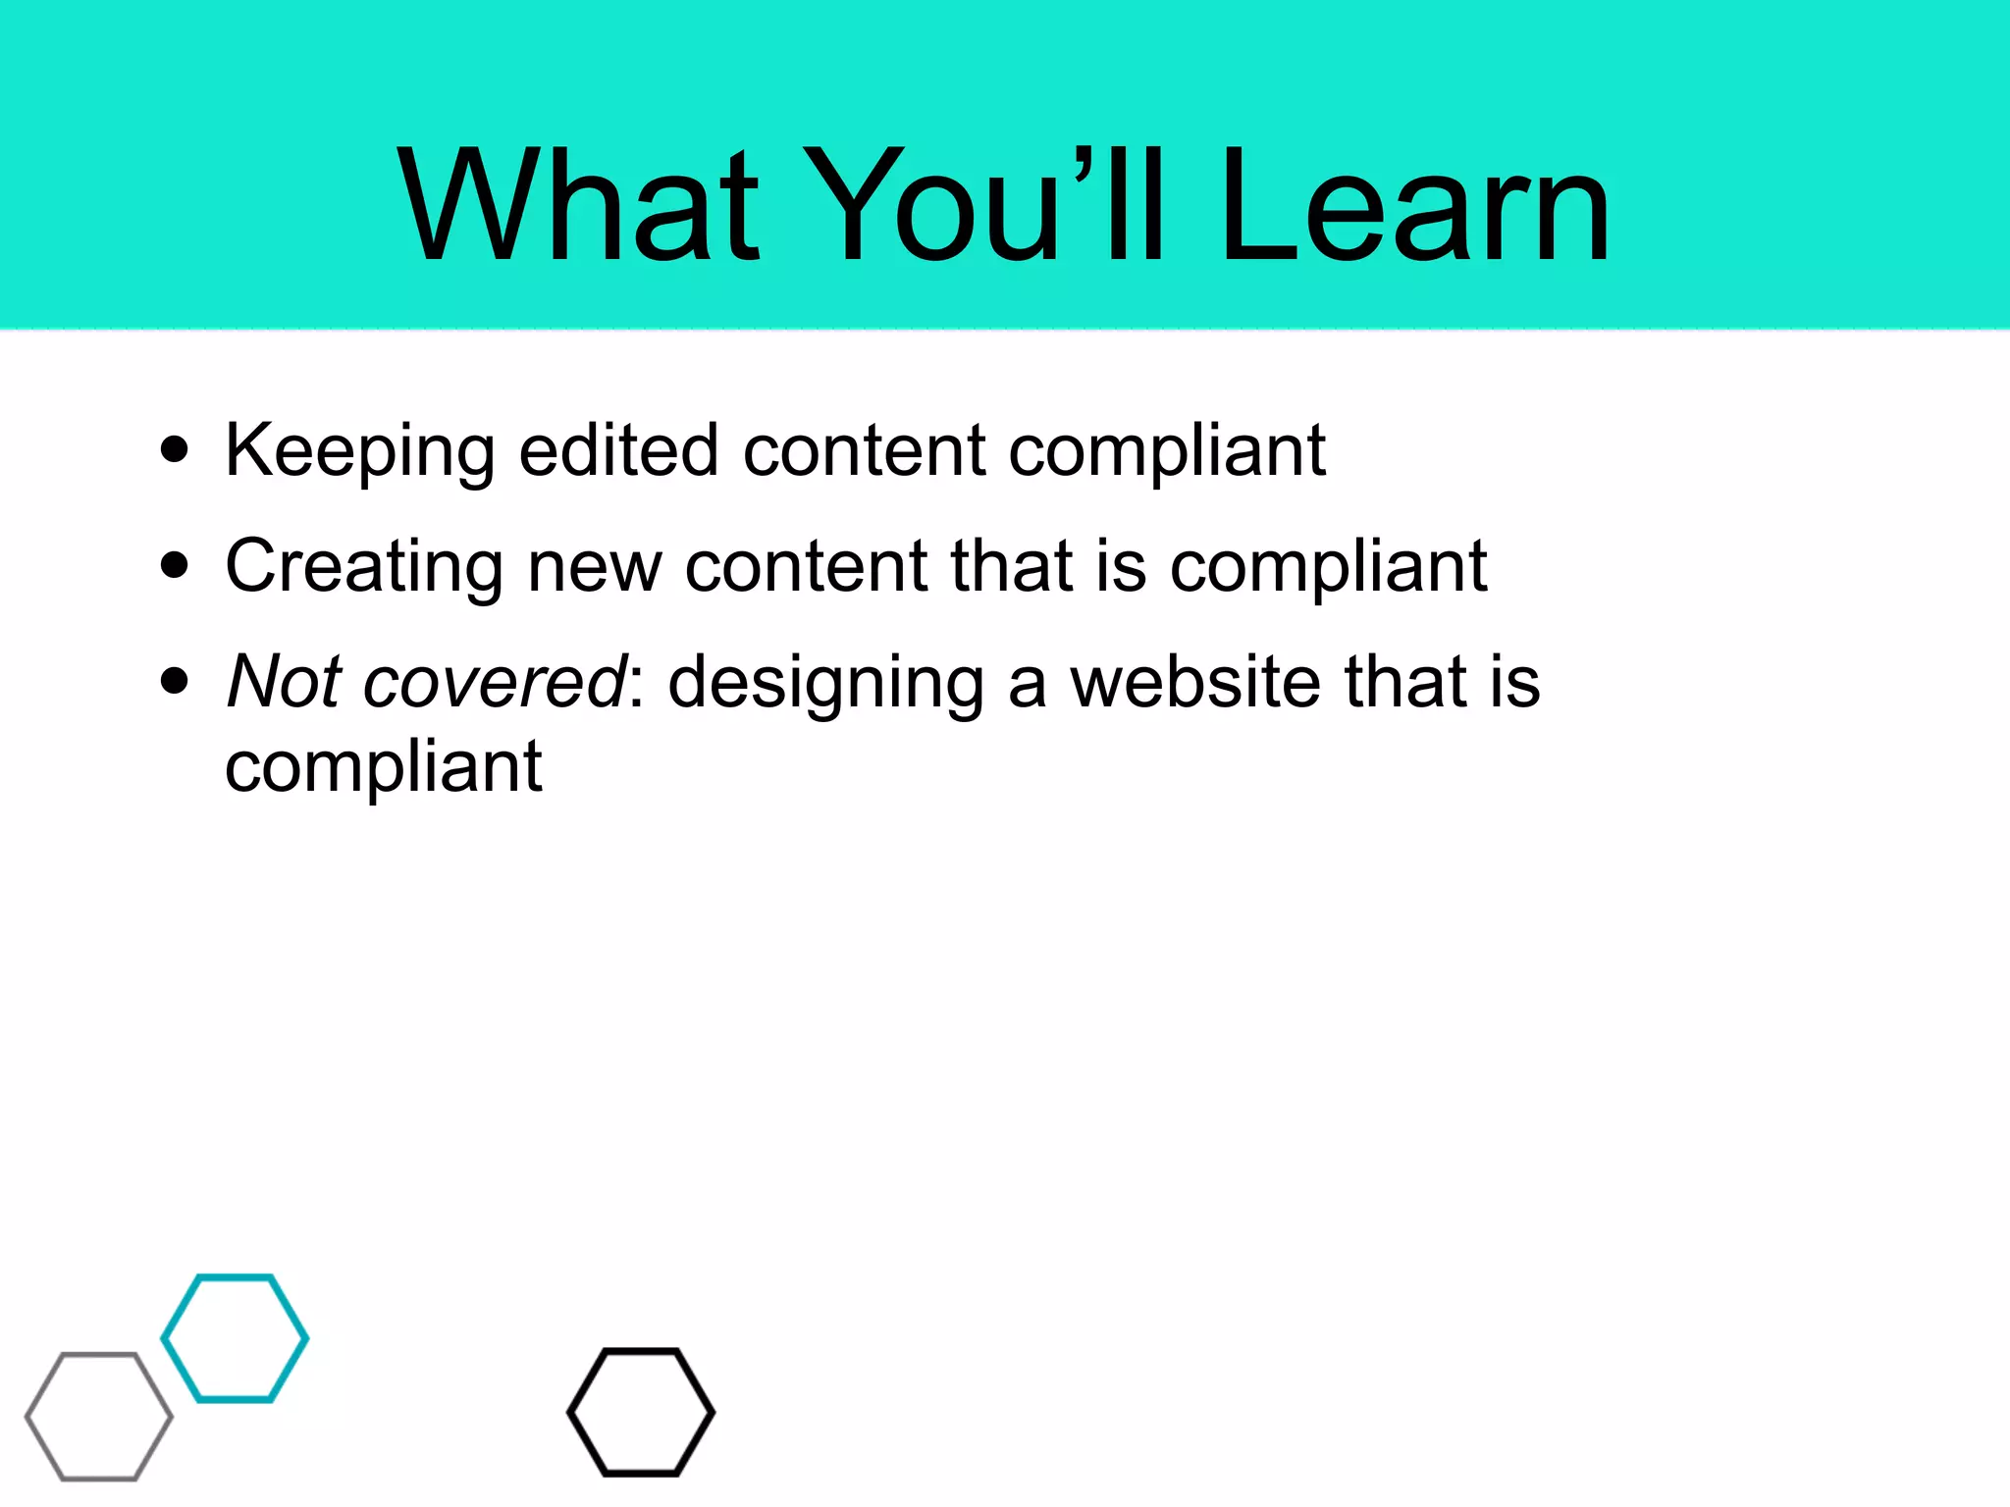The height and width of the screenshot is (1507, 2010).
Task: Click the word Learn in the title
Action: click(x=1414, y=206)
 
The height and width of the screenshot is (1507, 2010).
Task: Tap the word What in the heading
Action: click(x=579, y=206)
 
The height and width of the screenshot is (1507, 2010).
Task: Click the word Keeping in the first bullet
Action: click(x=359, y=452)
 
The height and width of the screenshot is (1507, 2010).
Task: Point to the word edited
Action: click(x=618, y=450)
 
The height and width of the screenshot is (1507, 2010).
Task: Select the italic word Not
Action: click(x=285, y=681)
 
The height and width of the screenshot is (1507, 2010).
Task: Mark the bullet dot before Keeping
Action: click(x=175, y=450)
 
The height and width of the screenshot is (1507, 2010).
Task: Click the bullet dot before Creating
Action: click(x=175, y=566)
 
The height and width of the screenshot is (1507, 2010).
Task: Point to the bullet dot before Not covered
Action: click(x=175, y=681)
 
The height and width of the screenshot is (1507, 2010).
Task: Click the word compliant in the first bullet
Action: click(x=1168, y=452)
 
